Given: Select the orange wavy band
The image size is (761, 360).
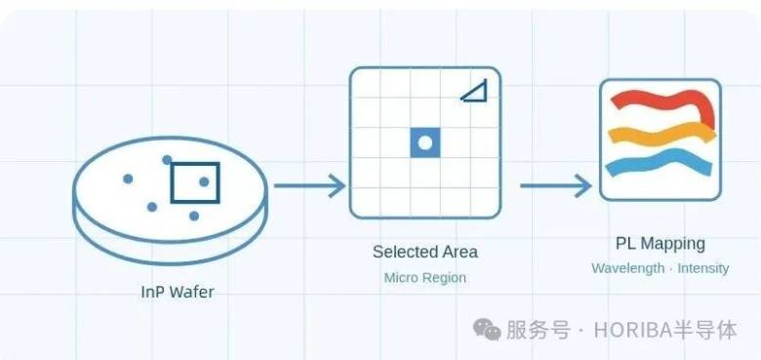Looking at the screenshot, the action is (662, 133).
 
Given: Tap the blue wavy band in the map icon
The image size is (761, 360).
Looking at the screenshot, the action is (659, 163).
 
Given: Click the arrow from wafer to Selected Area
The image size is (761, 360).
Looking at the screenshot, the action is (309, 185).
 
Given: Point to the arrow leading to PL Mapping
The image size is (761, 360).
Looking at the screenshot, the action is (556, 185).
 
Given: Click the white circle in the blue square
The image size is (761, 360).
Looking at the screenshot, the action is (425, 142).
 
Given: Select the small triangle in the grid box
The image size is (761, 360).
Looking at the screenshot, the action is (474, 92).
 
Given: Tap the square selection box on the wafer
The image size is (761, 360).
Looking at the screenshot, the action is (195, 182).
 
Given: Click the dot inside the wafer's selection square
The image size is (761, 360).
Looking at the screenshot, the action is (204, 181).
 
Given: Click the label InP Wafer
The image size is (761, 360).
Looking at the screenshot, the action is (178, 292).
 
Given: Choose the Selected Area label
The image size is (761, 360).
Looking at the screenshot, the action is (425, 252).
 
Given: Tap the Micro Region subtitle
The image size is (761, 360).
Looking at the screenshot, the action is (425, 278).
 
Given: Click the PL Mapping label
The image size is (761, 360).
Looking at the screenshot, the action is (661, 243).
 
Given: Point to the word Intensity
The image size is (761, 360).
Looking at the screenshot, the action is (703, 268).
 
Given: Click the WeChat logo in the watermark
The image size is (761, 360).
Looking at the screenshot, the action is (487, 330).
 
